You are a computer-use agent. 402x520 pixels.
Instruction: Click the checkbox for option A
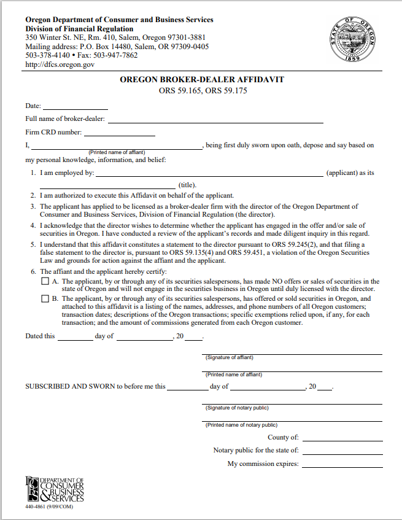(x=45, y=282)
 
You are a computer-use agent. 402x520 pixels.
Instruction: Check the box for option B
(x=45, y=299)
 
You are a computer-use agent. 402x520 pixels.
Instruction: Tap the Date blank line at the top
(x=75, y=108)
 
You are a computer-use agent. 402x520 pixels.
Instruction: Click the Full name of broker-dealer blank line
(x=215, y=122)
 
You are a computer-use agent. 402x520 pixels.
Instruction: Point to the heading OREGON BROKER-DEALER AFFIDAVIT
(x=202, y=80)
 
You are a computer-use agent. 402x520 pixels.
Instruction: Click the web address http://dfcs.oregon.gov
(x=60, y=64)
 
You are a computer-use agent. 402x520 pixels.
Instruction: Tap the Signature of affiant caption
(x=230, y=357)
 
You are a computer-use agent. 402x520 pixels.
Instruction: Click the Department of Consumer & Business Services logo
(x=55, y=489)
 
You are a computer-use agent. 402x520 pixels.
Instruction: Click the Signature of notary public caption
(x=237, y=408)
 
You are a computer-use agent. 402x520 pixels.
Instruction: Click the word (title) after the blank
(x=187, y=184)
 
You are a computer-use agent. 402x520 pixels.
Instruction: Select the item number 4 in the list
(x=33, y=225)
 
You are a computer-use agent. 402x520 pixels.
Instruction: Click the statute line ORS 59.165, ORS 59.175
(x=202, y=91)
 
